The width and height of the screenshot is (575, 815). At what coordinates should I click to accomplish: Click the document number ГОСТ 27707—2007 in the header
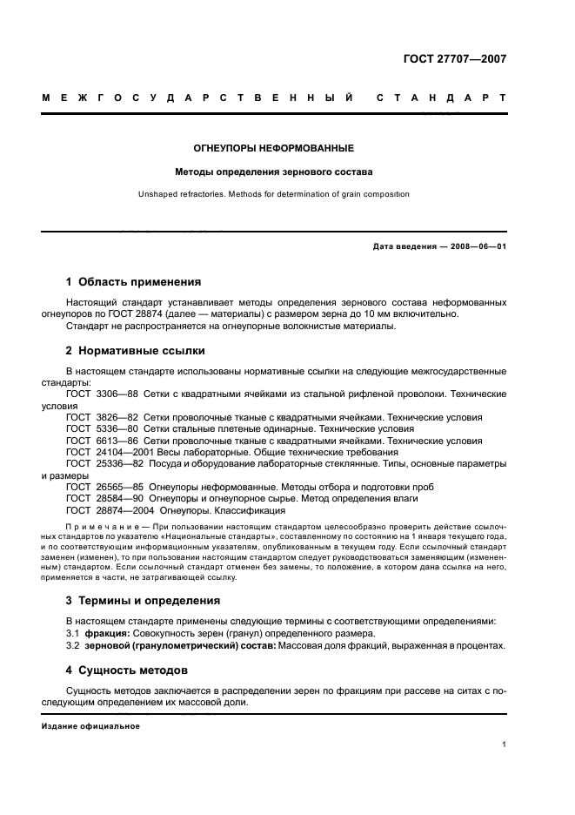455,59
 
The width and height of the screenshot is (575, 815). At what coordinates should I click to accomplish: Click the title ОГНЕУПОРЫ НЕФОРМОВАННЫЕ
273,148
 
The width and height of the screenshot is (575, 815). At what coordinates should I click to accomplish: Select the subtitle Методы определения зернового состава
273,172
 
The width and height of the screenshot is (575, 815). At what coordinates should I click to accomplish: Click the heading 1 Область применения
133,282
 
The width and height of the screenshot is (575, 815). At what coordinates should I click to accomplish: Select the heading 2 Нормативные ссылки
135,351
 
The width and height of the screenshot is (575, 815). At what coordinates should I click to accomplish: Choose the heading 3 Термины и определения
143,600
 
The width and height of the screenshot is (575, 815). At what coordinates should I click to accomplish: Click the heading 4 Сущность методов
126,670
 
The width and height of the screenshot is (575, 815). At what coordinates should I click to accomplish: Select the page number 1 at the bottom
505,744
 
